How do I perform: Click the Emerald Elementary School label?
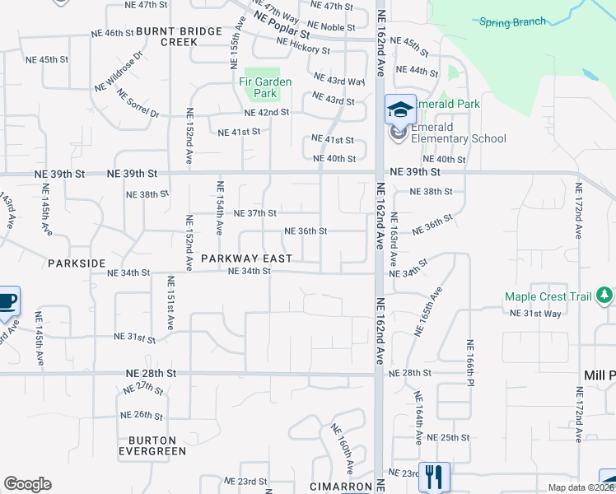click(458, 133)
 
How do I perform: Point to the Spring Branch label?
click(512, 21)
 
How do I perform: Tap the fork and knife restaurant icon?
click(434, 476)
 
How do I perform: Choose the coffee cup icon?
click(7, 301)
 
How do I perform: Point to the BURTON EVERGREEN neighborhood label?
click(152, 445)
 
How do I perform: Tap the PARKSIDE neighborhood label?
click(77, 263)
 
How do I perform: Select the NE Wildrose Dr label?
click(119, 72)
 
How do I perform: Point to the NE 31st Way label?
click(535, 313)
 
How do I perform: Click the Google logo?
click(27, 484)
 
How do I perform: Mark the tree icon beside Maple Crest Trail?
click(608, 296)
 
